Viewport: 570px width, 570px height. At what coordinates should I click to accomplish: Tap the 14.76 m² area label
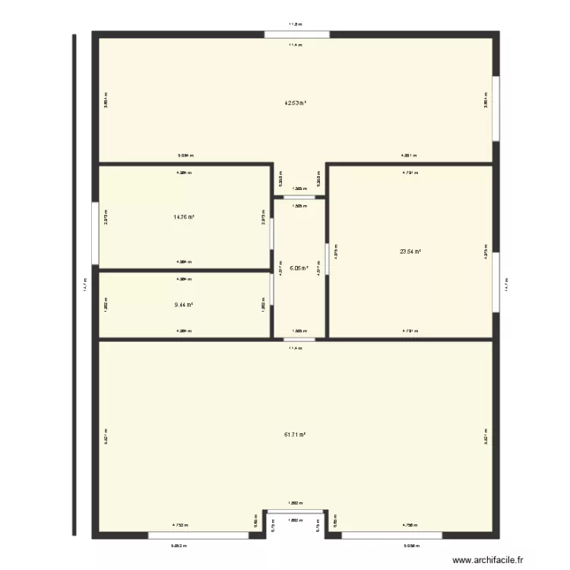point(183,217)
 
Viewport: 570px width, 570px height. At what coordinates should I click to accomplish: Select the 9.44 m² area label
point(183,305)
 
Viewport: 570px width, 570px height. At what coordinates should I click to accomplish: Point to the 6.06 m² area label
point(299,268)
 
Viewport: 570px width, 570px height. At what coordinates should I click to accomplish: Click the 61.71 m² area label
point(295,435)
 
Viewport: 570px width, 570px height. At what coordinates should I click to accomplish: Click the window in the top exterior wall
point(297,34)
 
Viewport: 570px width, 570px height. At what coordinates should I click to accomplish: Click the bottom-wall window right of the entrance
point(394,535)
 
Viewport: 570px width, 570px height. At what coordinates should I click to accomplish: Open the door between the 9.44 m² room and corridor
point(271,289)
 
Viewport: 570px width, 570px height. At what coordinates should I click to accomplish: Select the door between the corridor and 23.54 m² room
point(327,258)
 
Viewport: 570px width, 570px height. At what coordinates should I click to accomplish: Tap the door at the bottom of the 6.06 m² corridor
point(299,338)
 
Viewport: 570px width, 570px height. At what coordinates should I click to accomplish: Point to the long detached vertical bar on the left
point(74,285)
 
